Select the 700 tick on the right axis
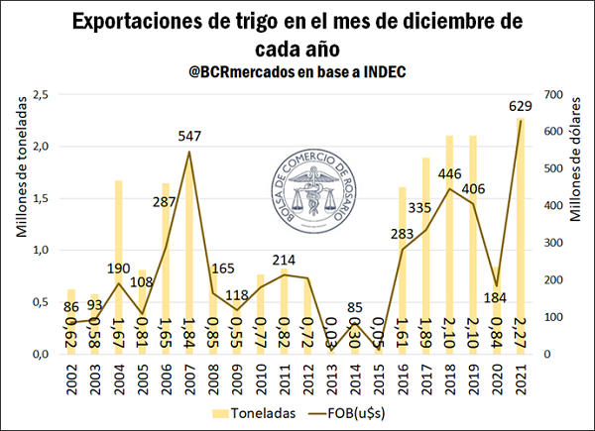point(553,94)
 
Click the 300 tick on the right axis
point(553,243)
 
